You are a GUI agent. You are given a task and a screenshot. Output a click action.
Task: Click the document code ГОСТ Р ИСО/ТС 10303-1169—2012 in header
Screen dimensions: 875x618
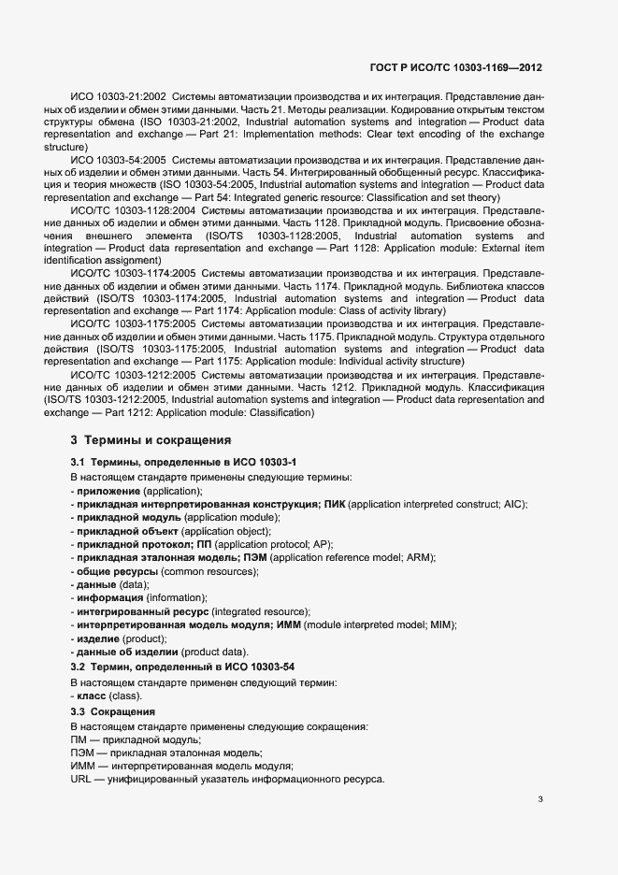456,69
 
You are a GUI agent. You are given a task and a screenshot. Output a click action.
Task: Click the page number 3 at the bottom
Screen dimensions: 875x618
540,799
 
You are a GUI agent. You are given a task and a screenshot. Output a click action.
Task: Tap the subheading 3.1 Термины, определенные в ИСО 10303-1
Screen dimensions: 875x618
183,463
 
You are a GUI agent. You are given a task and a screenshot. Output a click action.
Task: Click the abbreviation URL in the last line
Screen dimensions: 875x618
81,780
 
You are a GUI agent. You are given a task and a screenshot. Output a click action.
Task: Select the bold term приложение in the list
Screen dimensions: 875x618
108,491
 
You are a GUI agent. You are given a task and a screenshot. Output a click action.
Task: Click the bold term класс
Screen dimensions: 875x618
92,696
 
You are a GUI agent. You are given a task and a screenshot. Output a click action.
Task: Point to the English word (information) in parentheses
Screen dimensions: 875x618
177,597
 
